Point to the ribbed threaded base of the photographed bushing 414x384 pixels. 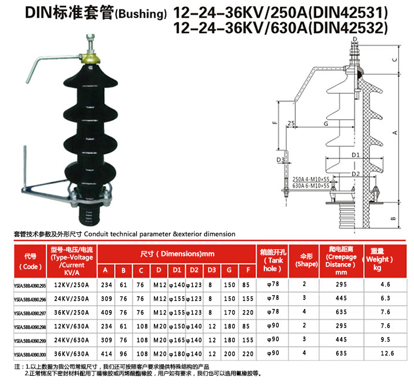(89, 212)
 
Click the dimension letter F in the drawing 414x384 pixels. (274, 123)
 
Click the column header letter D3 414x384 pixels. (210, 270)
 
